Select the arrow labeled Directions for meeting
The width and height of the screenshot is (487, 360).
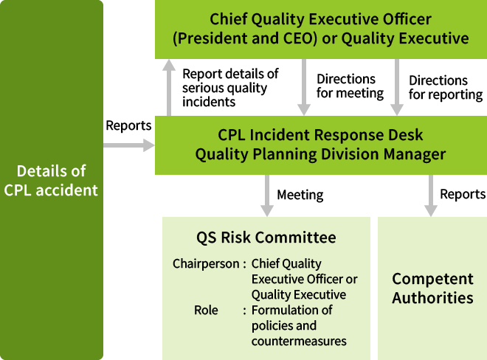click(303, 87)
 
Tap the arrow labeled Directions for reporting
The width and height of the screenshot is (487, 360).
click(396, 87)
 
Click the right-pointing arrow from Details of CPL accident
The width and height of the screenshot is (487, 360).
click(128, 145)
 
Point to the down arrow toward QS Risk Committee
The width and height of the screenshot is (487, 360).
click(266, 195)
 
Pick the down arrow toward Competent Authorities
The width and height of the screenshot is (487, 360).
click(429, 195)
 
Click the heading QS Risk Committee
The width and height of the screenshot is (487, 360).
click(266, 238)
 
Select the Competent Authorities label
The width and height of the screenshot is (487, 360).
click(432, 288)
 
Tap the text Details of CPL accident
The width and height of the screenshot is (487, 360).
click(51, 180)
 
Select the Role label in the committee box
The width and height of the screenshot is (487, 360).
click(206, 310)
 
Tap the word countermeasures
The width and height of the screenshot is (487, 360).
click(299, 341)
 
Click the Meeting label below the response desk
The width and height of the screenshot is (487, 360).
click(300, 195)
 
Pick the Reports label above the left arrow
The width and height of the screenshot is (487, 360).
click(128, 125)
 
